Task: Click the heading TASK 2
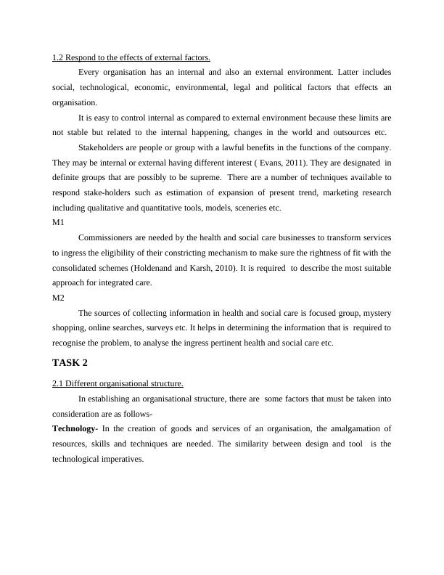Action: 70,362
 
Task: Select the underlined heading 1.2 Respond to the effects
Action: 131,57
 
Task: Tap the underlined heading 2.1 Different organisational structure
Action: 118,383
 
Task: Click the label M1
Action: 58,223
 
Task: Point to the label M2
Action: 58,298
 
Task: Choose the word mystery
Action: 375,313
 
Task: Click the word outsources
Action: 348,132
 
